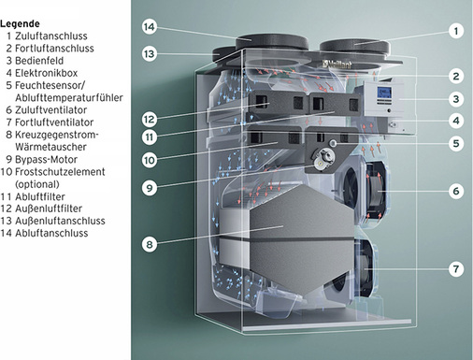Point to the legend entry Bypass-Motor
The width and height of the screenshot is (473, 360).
(46, 160)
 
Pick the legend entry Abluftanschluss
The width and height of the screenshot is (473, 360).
(52, 233)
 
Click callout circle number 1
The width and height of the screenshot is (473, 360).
(455, 31)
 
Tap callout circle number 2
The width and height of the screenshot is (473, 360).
(455, 76)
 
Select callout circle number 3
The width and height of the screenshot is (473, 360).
(455, 98)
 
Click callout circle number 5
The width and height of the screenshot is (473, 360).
(455, 144)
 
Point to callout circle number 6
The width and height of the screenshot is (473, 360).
(455, 191)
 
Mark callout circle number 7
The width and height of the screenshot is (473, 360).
(455, 269)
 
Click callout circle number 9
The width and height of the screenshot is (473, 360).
(149, 187)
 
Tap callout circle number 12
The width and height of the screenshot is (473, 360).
(149, 120)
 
